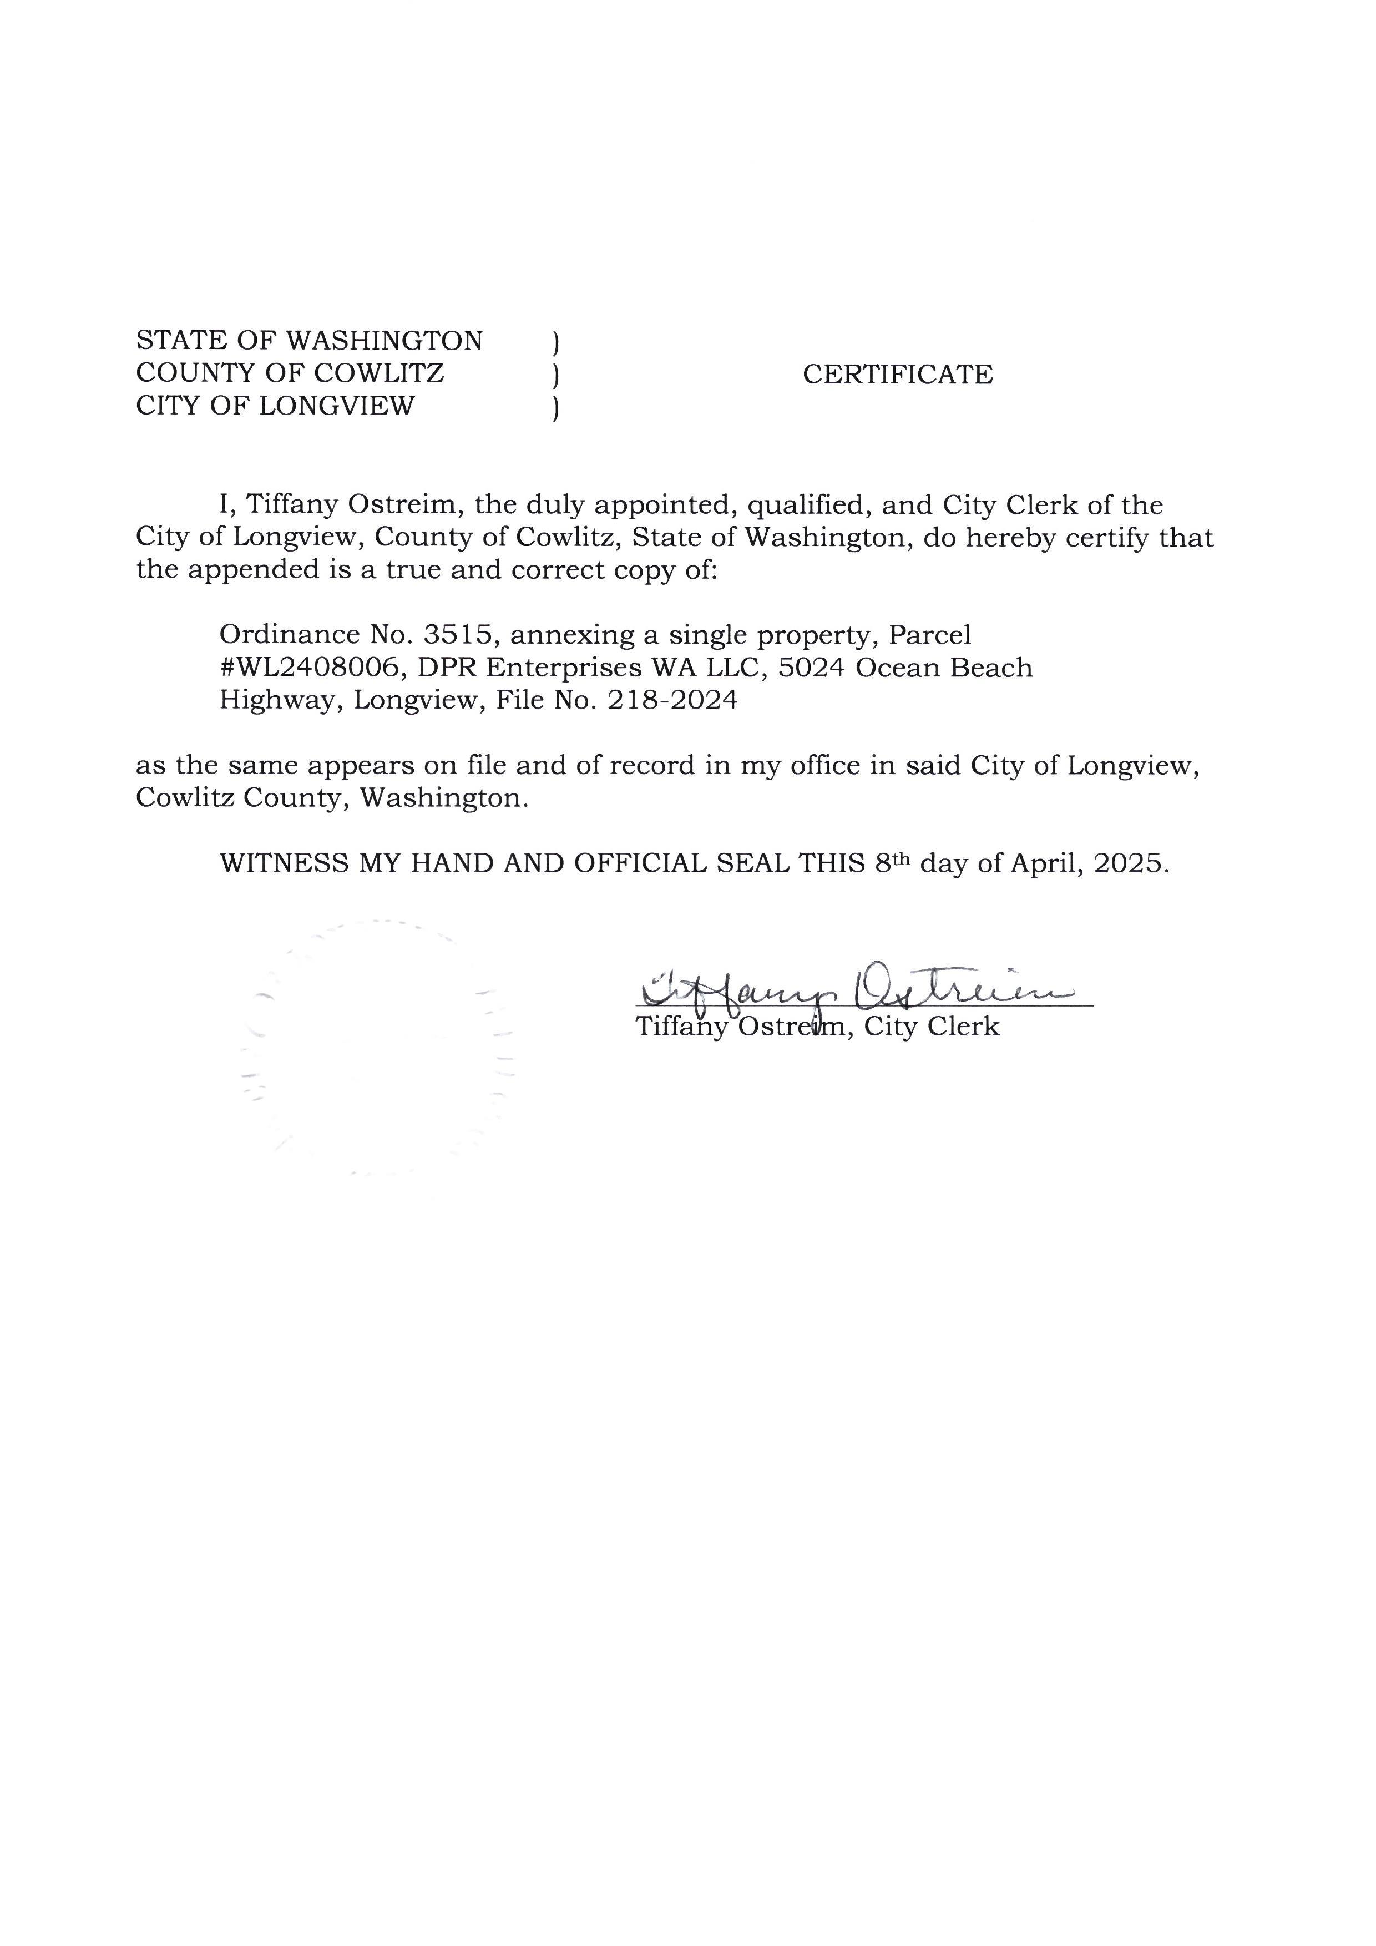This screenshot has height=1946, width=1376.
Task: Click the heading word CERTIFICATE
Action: pos(897,375)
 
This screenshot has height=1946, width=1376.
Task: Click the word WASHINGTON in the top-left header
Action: pos(384,341)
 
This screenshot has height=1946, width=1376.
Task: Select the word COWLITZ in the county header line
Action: pos(379,373)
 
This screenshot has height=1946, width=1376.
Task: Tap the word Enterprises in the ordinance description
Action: pos(561,668)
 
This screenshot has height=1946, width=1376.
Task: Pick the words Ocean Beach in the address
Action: pos(944,668)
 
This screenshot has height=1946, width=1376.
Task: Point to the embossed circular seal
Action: pos(377,1048)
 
